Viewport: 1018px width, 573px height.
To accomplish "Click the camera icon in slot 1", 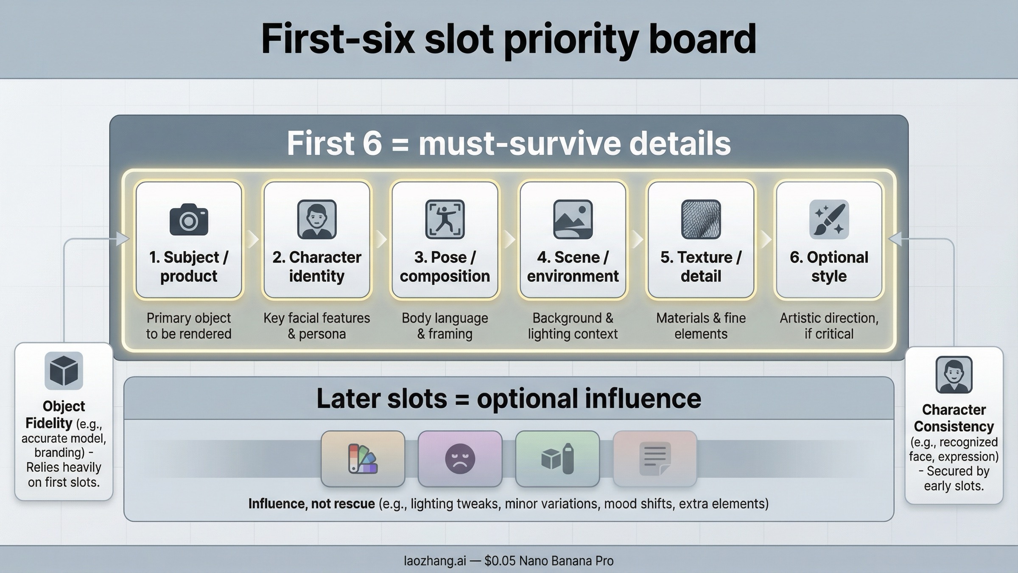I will coord(189,219).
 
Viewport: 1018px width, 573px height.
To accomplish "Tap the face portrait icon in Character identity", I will coord(317,219).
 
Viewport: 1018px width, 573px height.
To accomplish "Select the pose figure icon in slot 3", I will coord(445,219).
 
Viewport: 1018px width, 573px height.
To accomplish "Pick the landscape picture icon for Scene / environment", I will coord(573,219).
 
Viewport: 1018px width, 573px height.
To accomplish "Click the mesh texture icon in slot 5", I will coord(701,219).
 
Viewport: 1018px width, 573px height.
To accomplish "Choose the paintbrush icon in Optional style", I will coord(829,219).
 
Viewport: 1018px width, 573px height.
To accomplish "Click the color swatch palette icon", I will coord(363,459).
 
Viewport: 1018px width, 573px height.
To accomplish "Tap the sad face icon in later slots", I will coord(460,459).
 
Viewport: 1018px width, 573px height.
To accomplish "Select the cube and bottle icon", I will coord(557,459).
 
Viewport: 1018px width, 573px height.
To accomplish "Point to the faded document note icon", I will coord(655,459).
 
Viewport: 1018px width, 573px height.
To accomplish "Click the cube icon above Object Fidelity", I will coord(64,371).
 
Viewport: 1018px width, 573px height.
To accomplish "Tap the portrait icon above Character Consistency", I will coord(954,375).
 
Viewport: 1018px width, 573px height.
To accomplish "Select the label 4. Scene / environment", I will coord(573,267).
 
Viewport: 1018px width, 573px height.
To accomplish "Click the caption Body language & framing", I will coord(445,326).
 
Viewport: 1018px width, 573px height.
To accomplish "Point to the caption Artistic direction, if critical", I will coord(829,326).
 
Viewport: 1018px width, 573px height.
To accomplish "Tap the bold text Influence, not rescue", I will coord(311,504).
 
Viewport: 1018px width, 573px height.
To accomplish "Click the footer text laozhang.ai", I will coord(435,561).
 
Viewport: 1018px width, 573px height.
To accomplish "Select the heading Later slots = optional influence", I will coord(509,399).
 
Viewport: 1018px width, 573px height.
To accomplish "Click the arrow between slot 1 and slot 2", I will coord(253,239).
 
